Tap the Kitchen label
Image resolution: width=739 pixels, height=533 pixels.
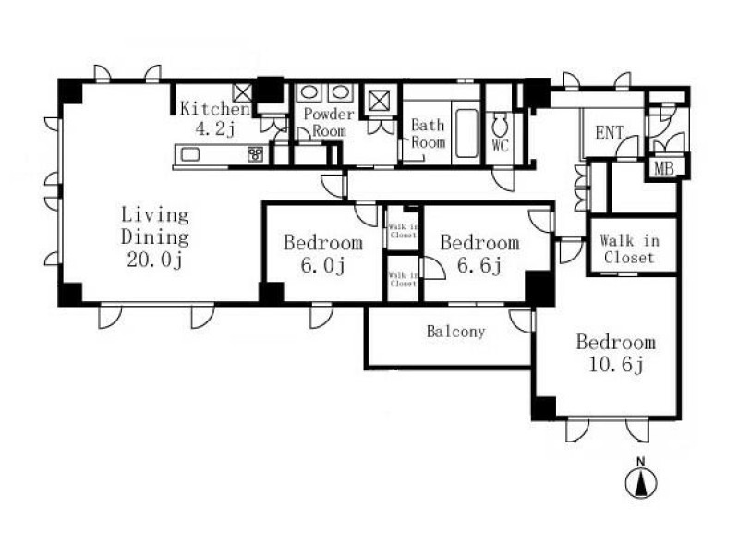pos(215,109)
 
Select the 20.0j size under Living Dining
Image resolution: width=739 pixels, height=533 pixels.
pos(154,260)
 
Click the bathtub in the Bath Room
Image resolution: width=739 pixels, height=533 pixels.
pos(466,133)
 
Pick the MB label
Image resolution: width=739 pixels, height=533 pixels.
pos(664,168)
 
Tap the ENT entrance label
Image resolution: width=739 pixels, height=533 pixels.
pos(610,133)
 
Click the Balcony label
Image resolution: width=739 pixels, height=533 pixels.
pos(455,332)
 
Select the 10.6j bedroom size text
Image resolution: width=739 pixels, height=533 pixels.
pos(616,364)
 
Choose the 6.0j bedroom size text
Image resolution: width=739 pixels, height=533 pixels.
pos(323,265)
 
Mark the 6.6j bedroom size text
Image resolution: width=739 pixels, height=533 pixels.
pos(479,265)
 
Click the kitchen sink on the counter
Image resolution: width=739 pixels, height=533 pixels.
pos(188,154)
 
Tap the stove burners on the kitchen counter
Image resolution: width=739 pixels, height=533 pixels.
pos(256,154)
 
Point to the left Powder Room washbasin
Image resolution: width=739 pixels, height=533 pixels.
pos(309,92)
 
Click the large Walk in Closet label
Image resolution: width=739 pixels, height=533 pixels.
pos(629,248)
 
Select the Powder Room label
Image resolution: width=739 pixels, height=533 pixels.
pos(329,122)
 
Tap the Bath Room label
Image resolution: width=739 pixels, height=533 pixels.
pos(428,133)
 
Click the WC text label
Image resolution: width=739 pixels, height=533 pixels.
pos(501,145)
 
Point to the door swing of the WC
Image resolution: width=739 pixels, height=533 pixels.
pos(503,178)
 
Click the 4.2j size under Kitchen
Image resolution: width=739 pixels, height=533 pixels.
pos(214,129)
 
